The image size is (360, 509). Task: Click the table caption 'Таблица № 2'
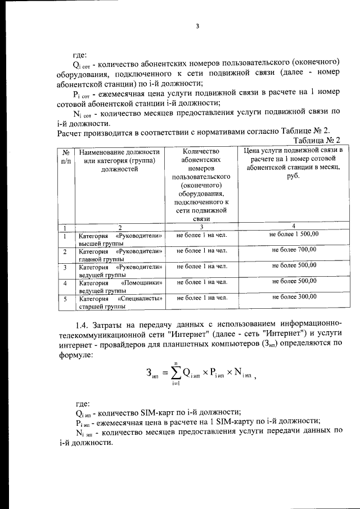(317, 140)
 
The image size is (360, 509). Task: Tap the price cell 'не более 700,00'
(294, 250)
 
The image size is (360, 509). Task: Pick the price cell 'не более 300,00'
(294, 297)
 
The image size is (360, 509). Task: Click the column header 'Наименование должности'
(119, 152)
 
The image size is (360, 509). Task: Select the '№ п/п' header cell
(65, 156)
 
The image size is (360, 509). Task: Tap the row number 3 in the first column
(65, 268)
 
